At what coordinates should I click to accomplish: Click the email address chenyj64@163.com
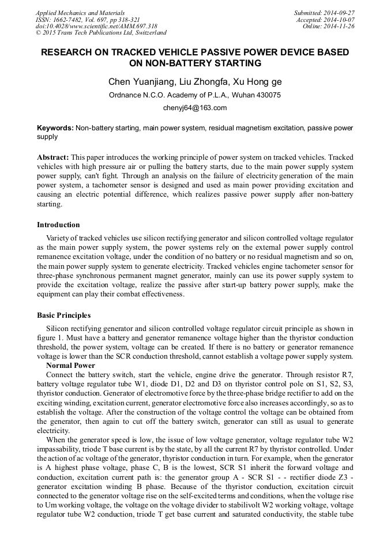click(195, 108)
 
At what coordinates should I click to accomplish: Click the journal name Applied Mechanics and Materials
click(80, 13)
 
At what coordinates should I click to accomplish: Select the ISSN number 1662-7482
click(70, 20)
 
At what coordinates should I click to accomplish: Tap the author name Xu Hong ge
click(260, 82)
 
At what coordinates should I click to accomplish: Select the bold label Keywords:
click(55, 127)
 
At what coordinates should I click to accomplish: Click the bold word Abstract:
click(53, 157)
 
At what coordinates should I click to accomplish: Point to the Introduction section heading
click(58, 225)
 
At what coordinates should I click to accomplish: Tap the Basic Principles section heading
click(63, 315)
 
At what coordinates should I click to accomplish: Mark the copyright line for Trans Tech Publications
click(101, 33)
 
